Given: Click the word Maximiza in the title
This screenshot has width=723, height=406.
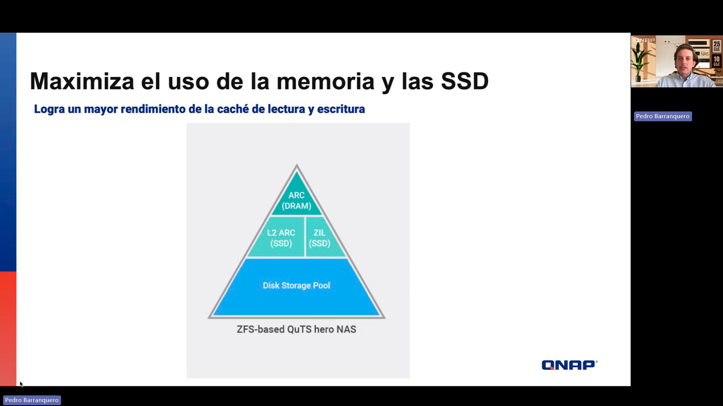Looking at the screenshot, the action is pos(82,81).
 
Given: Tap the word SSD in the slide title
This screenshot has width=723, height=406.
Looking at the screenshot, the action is pos(465,81).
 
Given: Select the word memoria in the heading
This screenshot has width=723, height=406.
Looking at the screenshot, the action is pos(325,81).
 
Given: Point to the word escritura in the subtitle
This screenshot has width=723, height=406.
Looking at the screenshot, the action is pos(341,109).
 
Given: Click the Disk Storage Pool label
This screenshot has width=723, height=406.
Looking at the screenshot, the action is pos(296,286).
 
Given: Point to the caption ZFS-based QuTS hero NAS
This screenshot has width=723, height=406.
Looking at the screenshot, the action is pos(296,329).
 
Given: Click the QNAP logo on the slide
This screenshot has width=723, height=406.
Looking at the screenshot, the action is pos(569,365).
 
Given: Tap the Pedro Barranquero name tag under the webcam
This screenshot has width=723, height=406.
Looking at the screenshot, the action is pos(663,116).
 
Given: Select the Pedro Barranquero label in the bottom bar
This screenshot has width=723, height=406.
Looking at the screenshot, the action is pos(32,400).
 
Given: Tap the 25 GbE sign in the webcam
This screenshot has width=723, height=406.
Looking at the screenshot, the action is pos(717,46).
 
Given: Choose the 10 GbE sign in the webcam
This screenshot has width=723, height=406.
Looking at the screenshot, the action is pos(717,61).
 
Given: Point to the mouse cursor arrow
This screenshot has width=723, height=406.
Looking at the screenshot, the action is pos(21,384).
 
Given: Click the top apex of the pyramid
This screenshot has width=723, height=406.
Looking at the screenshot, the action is pos(297,164).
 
